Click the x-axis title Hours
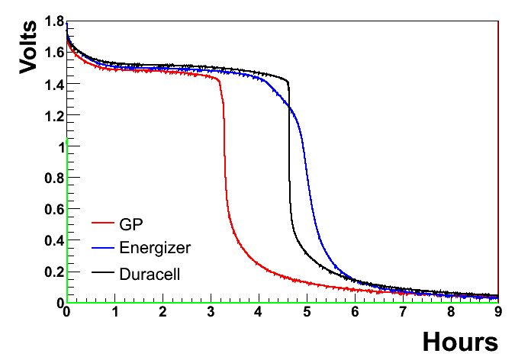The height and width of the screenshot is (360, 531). pos(459,340)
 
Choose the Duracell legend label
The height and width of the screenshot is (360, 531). pos(150,273)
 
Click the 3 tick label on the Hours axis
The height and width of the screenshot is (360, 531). pos(211,312)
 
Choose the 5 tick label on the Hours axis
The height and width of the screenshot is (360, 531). pos(307,312)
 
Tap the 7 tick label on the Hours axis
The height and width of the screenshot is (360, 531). pos(403,312)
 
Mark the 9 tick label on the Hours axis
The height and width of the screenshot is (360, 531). pos(498,312)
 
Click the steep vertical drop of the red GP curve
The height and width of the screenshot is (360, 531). pos(224,153)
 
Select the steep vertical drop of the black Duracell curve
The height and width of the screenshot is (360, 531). pos(289,153)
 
